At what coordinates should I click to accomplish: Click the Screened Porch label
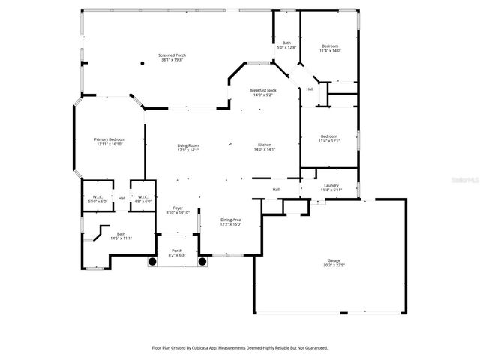tap(172, 55)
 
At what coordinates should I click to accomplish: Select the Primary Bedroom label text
tap(109, 139)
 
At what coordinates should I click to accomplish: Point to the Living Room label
tap(187, 145)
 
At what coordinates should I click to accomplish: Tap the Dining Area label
tap(231, 220)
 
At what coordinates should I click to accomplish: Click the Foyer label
tap(178, 208)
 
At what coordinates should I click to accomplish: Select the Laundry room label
tap(331, 185)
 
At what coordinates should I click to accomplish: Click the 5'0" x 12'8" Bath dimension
tap(286, 47)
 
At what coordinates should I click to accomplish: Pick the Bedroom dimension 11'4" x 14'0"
tap(330, 51)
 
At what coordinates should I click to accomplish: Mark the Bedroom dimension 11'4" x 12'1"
tap(330, 141)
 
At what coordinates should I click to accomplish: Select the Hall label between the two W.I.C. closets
tap(121, 199)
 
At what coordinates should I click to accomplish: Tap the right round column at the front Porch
tap(202, 261)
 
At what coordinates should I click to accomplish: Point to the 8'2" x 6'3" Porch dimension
tap(177, 255)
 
